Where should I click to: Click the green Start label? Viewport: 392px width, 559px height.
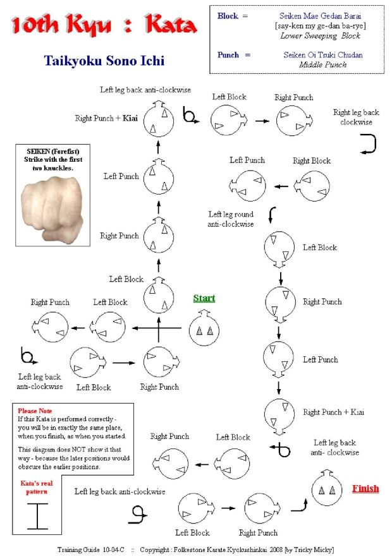204,298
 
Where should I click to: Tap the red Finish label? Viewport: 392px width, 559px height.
365,488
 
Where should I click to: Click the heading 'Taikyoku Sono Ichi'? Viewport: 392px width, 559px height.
104,61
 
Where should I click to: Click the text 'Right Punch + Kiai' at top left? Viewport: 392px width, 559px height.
106,118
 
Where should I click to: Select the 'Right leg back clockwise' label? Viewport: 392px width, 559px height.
353,117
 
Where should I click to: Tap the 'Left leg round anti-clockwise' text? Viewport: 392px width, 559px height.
231,219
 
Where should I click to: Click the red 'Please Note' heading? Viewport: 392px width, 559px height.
35,411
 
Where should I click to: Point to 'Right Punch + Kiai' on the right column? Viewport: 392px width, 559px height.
334,412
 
